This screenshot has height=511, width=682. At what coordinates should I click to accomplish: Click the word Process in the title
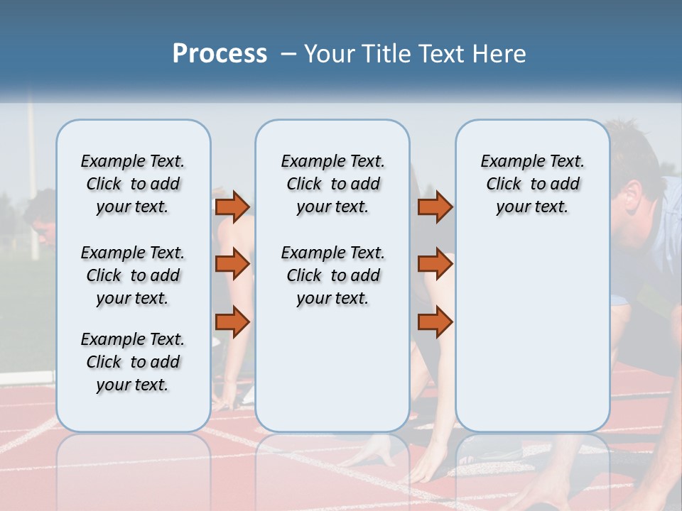click(220, 53)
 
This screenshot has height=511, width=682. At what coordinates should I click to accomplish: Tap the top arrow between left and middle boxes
click(232, 207)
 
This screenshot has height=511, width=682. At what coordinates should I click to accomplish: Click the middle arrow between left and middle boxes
click(232, 264)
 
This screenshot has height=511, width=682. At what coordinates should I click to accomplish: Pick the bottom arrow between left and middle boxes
click(232, 322)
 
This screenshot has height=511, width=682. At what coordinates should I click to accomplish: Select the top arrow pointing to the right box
click(435, 207)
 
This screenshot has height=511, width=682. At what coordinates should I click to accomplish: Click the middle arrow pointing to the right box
click(435, 264)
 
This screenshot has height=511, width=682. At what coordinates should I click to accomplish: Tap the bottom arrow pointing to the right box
click(435, 322)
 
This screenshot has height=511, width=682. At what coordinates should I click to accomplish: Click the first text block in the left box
click(133, 184)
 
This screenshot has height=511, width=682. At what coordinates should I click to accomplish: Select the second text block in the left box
click(133, 275)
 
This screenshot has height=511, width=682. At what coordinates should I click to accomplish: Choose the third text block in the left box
click(133, 362)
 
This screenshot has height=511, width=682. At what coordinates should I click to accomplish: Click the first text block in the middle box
click(332, 184)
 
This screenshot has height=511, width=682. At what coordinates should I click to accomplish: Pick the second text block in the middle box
click(332, 275)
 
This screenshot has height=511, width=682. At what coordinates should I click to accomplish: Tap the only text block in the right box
click(532, 184)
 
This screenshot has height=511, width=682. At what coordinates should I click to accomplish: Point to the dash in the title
click(288, 54)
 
